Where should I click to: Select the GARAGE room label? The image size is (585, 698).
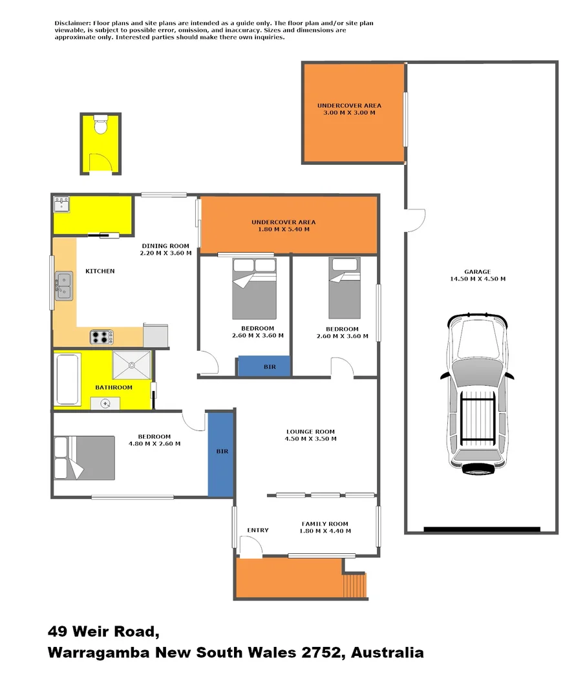(x=477, y=271)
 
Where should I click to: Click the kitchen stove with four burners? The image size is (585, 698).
(x=101, y=337)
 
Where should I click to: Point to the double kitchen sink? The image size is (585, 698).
(x=63, y=286)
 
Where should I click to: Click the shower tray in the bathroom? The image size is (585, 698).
(x=132, y=365)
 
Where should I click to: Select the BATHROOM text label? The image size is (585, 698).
(x=114, y=388)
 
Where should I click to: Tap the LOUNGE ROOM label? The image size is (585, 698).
(x=310, y=432)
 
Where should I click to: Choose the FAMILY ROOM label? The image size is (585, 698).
(x=324, y=524)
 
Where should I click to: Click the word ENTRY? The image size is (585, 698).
(x=258, y=531)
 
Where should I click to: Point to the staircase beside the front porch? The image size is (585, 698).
(x=354, y=586)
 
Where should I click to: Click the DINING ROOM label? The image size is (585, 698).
(x=165, y=246)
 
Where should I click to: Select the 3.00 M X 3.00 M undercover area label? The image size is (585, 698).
(x=349, y=109)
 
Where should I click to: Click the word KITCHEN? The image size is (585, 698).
(x=100, y=271)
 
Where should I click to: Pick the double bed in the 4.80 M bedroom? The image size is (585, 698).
(x=84, y=457)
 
